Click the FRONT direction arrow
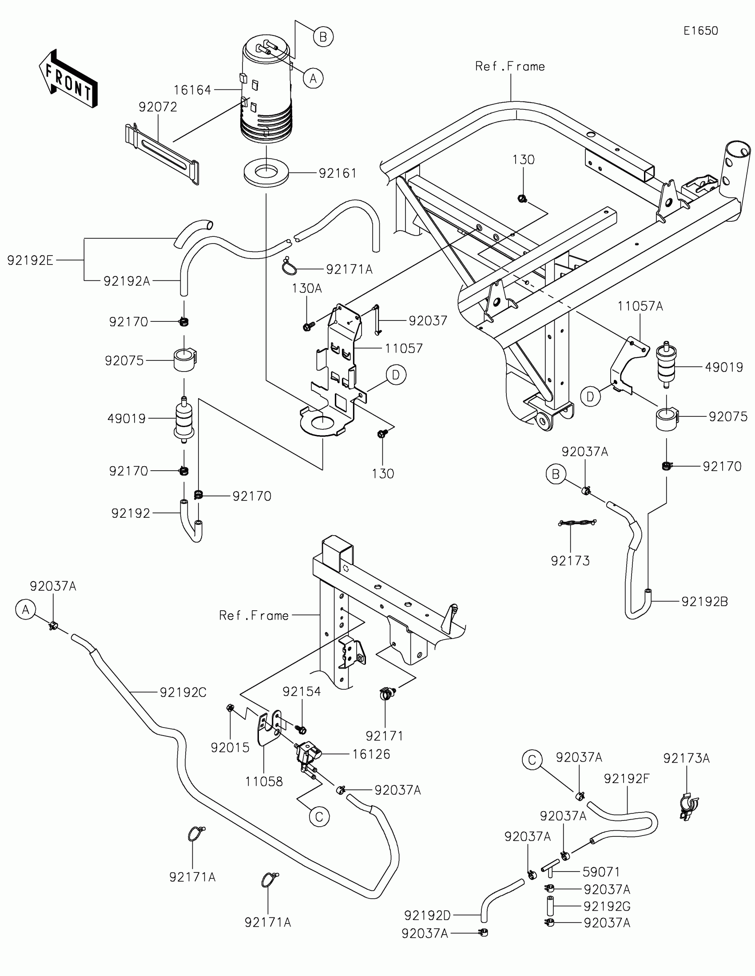point(68,78)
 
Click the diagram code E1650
point(700,31)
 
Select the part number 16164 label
point(192,90)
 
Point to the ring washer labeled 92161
point(266,172)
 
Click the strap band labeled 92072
point(162,155)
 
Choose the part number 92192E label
point(30,260)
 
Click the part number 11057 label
point(404,348)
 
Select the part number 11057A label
point(640,306)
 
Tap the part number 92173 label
point(570,561)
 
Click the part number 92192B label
point(704,601)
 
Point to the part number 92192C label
point(183,692)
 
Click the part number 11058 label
point(264,782)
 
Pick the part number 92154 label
point(302,692)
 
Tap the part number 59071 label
point(601,872)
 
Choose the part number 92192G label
point(607,906)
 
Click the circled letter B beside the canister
point(323,36)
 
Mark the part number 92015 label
point(230,748)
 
